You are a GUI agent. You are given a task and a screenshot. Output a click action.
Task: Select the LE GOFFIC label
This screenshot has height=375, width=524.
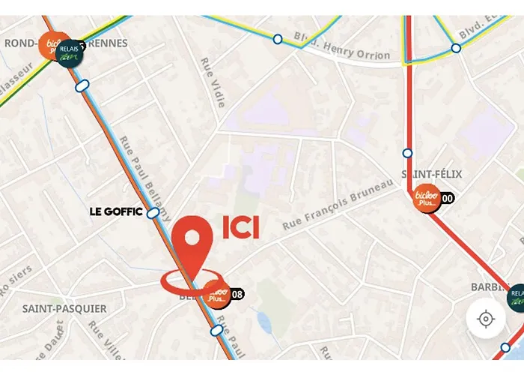[x=115, y=212]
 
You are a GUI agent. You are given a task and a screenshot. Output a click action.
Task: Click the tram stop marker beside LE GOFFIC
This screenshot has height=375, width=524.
[x=153, y=213]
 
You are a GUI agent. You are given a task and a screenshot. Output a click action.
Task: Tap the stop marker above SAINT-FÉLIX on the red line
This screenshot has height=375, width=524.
[x=407, y=153]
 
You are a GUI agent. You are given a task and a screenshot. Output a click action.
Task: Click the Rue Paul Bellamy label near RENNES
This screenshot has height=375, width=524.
[x=144, y=171]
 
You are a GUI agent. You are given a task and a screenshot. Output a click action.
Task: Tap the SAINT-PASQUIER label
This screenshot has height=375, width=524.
[x=64, y=308]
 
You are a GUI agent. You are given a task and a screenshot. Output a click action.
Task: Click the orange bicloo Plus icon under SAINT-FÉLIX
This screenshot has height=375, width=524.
[x=426, y=198]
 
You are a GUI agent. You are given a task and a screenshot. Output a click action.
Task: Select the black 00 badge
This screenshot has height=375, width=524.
[x=448, y=199]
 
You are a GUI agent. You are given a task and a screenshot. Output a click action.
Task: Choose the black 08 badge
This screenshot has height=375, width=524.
[x=237, y=294]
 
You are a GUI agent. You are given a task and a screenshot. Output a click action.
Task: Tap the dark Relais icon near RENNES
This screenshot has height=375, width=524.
[x=70, y=52]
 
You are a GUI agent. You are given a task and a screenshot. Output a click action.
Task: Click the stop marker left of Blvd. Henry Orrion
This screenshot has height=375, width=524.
[x=278, y=38]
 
